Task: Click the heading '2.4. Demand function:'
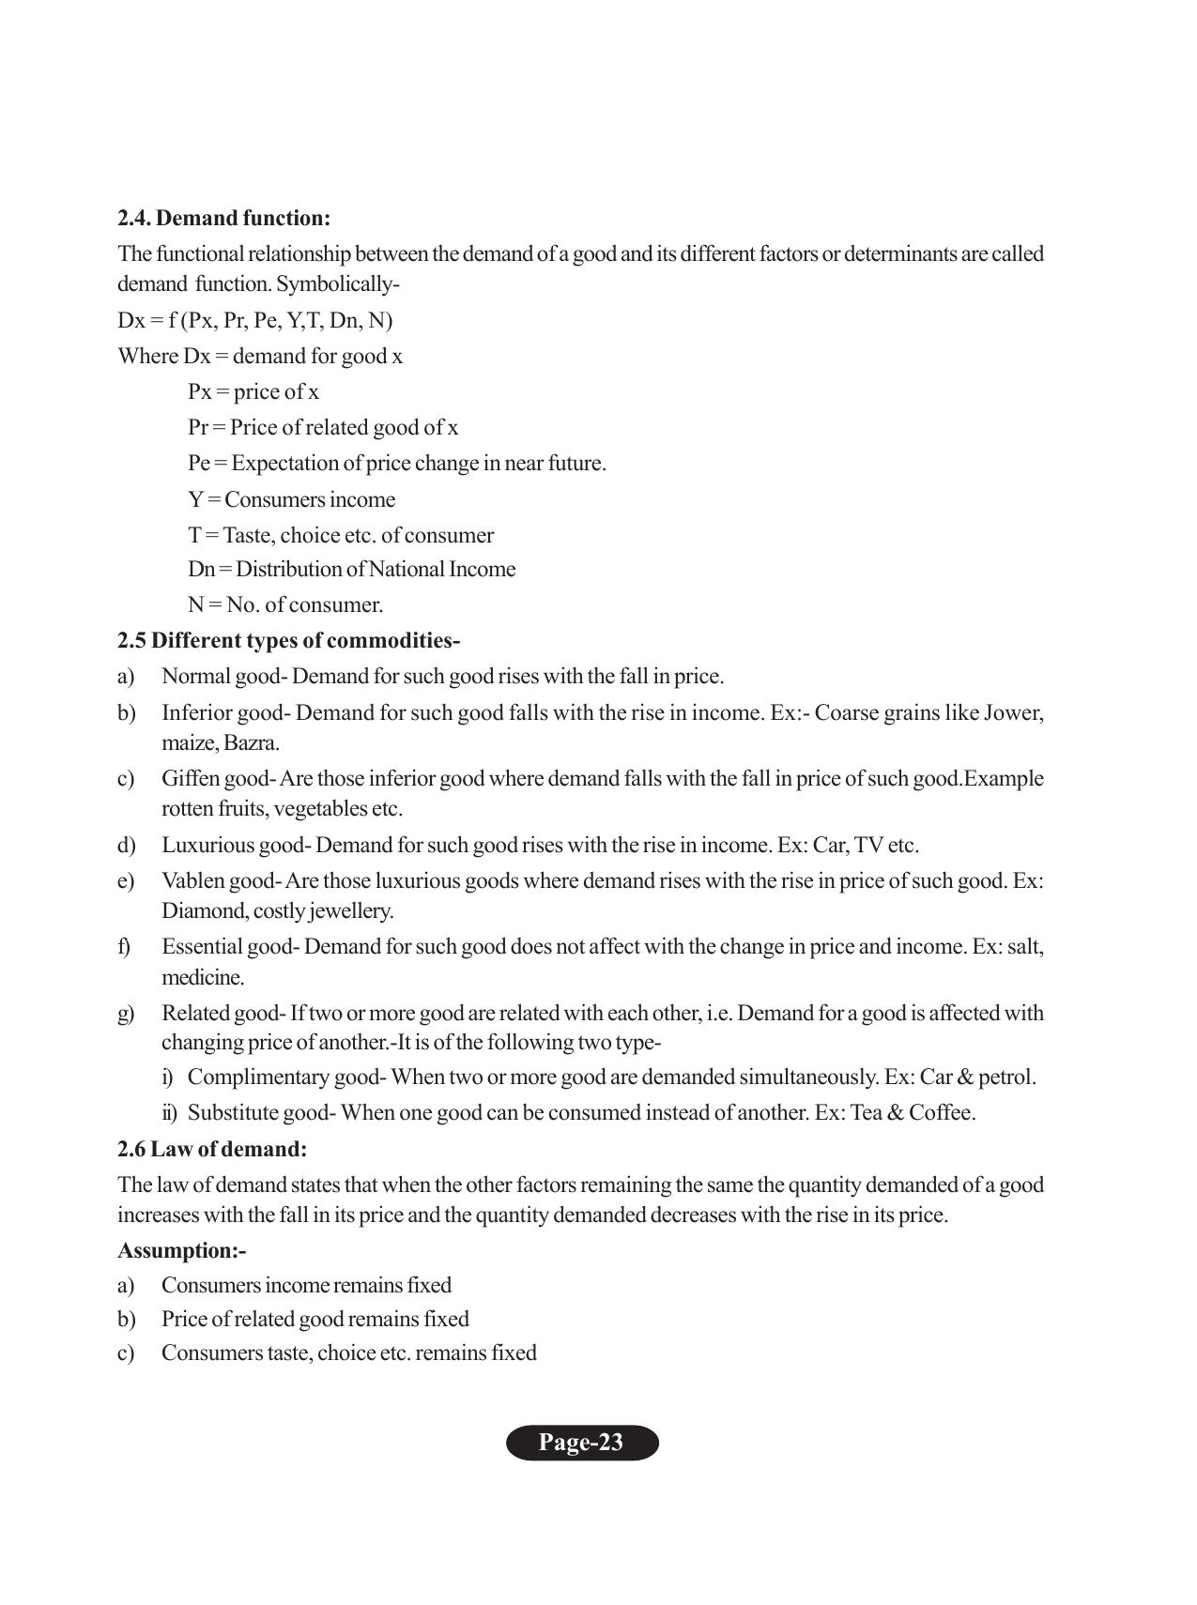[223, 219]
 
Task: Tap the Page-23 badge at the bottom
[581, 1443]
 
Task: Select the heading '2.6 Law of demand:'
[212, 1149]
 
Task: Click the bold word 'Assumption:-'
[181, 1251]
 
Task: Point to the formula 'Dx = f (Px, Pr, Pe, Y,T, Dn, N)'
[255, 321]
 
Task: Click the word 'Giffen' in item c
[191, 779]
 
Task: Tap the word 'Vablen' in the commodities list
[192, 881]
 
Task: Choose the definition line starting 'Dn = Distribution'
[351, 570]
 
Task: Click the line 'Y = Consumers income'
[291, 500]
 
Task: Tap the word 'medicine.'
[203, 978]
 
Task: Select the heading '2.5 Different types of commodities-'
[288, 641]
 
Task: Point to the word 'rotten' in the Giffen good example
[187, 809]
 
